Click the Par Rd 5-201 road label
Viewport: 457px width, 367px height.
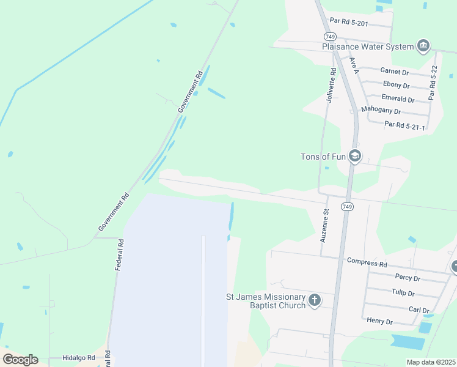[349, 21]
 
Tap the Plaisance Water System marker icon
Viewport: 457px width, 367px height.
[423, 46]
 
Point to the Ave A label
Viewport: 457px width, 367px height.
[354, 65]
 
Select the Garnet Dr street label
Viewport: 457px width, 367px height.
[394, 72]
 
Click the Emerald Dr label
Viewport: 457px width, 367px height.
[398, 98]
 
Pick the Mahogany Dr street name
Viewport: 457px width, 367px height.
[381, 111]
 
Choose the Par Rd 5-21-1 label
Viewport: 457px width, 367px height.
[404, 125]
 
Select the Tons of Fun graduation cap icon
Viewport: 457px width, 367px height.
[355, 157]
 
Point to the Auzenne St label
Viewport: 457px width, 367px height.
[325, 224]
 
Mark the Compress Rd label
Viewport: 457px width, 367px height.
[367, 264]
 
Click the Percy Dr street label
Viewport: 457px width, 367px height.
[408, 277]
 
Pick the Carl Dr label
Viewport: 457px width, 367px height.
[419, 310]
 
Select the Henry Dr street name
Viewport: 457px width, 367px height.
[379, 321]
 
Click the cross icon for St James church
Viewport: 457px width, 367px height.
[315, 300]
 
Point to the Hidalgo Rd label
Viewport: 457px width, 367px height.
[79, 357]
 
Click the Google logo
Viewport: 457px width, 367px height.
[20, 360]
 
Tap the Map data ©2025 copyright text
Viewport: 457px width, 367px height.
[431, 362]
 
